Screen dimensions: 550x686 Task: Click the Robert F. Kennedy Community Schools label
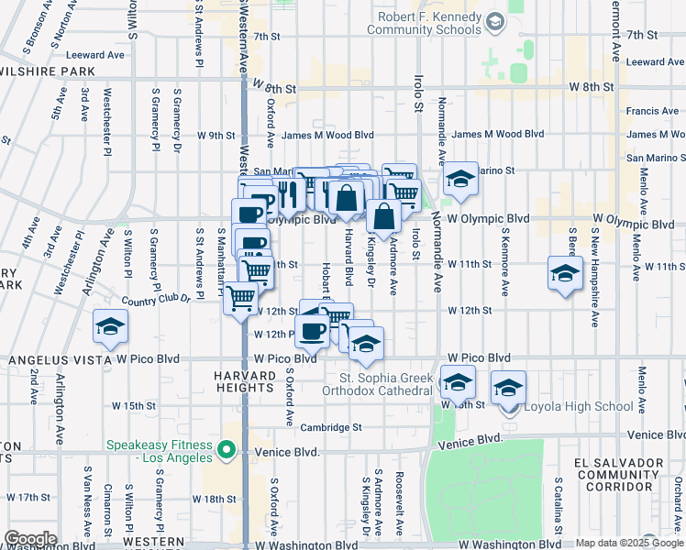(424, 23)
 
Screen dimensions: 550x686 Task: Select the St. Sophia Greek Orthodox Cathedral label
(385, 384)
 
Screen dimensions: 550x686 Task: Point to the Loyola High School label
(575, 406)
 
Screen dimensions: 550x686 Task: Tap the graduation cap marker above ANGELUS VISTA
(110, 327)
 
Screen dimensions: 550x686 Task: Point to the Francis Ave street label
(652, 111)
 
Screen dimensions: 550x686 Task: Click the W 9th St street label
(216, 136)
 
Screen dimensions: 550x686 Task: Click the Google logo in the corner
(30, 539)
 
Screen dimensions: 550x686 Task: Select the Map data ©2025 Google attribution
(629, 543)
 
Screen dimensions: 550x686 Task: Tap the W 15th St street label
(134, 404)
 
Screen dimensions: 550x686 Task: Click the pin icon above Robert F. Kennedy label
(495, 21)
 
